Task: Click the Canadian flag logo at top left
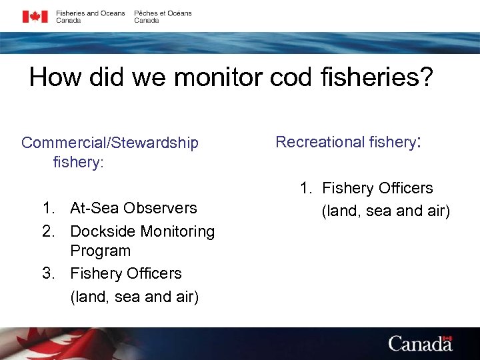tap(35, 17)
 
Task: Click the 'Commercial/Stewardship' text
tap(110, 143)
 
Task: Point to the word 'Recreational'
tap(319, 142)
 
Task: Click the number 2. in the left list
tap(49, 231)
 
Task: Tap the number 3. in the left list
tap(49, 273)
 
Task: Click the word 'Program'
tap(100, 251)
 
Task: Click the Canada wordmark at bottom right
tap(420, 343)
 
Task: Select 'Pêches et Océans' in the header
tap(163, 13)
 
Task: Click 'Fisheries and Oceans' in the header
tap(90, 13)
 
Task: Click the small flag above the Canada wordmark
tap(447, 339)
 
